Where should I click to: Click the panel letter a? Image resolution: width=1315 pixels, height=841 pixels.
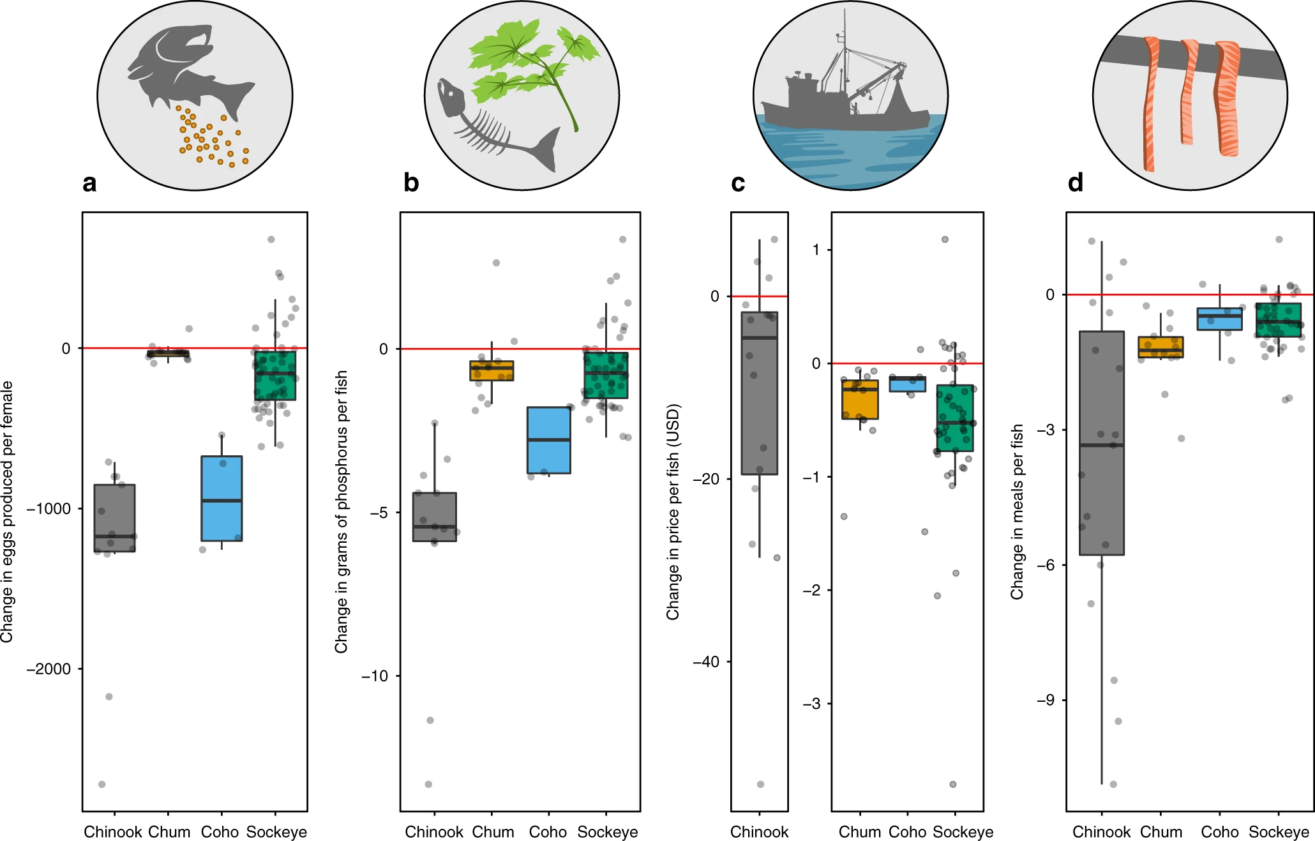[89, 183]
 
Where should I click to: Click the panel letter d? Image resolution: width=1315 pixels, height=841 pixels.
[1075, 183]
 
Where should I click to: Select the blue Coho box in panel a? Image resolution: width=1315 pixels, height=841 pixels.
[222, 498]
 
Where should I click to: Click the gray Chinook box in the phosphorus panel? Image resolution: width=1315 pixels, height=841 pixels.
[434, 517]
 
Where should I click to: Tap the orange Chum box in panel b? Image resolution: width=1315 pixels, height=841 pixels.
[492, 371]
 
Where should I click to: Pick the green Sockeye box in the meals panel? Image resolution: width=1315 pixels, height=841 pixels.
[1278, 320]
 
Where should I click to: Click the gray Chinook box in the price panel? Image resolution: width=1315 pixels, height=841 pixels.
[759, 393]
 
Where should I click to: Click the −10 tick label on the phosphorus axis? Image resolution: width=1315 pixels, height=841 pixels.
[375, 676]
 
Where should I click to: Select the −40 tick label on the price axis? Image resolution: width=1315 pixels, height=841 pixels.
[706, 662]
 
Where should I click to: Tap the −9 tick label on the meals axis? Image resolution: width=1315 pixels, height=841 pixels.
[1045, 701]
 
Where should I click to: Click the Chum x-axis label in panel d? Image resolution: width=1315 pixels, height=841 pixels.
[1161, 832]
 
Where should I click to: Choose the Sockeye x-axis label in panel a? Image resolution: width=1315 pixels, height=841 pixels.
[276, 832]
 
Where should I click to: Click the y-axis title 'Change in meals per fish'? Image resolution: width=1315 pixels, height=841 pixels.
[1017, 511]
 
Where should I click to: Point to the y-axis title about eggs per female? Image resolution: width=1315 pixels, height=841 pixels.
[7, 511]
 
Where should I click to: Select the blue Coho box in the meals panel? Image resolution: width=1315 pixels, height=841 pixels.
[1219, 319]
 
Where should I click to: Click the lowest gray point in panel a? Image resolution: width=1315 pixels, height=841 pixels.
[102, 784]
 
